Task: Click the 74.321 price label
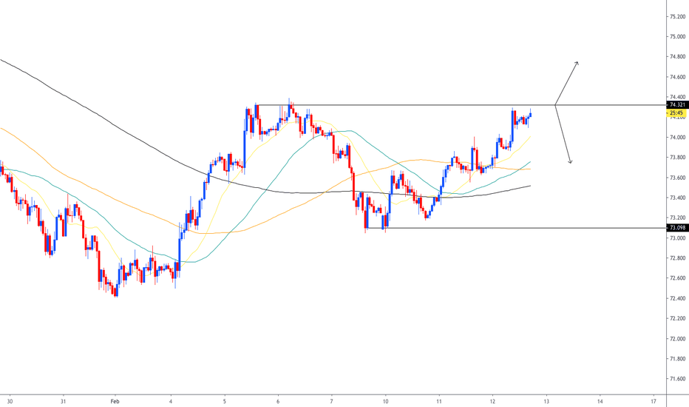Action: click(676, 105)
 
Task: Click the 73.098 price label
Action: click(676, 228)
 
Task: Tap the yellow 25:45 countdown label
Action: click(676, 113)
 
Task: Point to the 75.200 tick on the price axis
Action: click(676, 16)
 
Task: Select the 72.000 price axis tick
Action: click(676, 338)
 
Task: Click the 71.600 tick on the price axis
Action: click(676, 378)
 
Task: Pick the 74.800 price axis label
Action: click(676, 56)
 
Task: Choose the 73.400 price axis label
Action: click(676, 198)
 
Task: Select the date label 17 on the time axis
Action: click(654, 401)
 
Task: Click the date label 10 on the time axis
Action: click(386, 401)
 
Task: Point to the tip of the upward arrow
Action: click(577, 61)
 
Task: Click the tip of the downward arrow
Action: click(570, 163)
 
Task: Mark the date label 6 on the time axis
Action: click(278, 401)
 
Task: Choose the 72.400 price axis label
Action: click(676, 298)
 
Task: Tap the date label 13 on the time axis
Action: click(546, 401)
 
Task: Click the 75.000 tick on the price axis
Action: click(676, 36)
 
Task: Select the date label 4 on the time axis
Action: click(171, 401)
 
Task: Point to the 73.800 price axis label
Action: click(676, 157)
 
